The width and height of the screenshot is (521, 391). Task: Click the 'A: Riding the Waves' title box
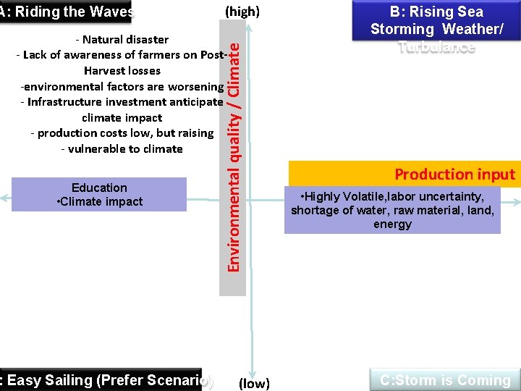coord(67,12)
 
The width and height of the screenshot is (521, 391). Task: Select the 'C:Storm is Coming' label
coord(445,380)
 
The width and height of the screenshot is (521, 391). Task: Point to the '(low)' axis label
coord(254,383)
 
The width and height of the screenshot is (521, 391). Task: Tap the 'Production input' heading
coord(454,174)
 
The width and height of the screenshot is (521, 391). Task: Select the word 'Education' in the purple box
coord(99,188)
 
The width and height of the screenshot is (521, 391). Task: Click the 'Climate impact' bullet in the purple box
coord(101,201)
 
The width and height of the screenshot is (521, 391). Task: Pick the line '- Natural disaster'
coord(122,39)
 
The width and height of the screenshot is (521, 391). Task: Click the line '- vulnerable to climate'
coord(122,148)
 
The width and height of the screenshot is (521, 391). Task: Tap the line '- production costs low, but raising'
coord(122,133)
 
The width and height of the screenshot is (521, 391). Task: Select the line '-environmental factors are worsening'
coord(122,86)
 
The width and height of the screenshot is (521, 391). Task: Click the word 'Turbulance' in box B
coord(436,47)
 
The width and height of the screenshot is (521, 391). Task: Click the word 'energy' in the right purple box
coord(392,224)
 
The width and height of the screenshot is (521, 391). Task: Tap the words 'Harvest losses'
coord(122,70)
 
